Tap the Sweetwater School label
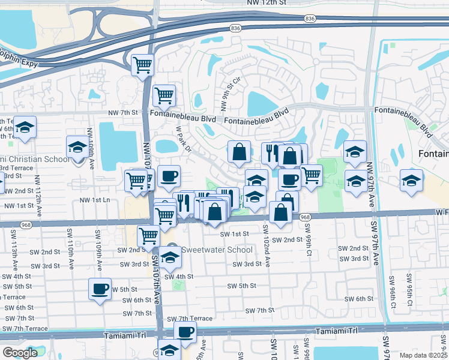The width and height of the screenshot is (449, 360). pyautogui.click(x=208, y=249)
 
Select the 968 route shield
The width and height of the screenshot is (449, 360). pyautogui.click(x=305, y=217)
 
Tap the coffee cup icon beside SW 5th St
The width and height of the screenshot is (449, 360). pyautogui.click(x=100, y=289)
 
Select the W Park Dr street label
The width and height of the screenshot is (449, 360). pyautogui.click(x=183, y=139)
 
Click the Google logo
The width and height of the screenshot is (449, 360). pyautogui.click(x=20, y=353)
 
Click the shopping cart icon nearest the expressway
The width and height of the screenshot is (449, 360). pyautogui.click(x=142, y=64)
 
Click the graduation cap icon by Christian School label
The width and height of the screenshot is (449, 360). pyautogui.click(x=77, y=146)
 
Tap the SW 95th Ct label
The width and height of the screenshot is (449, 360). pyautogui.click(x=409, y=287)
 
